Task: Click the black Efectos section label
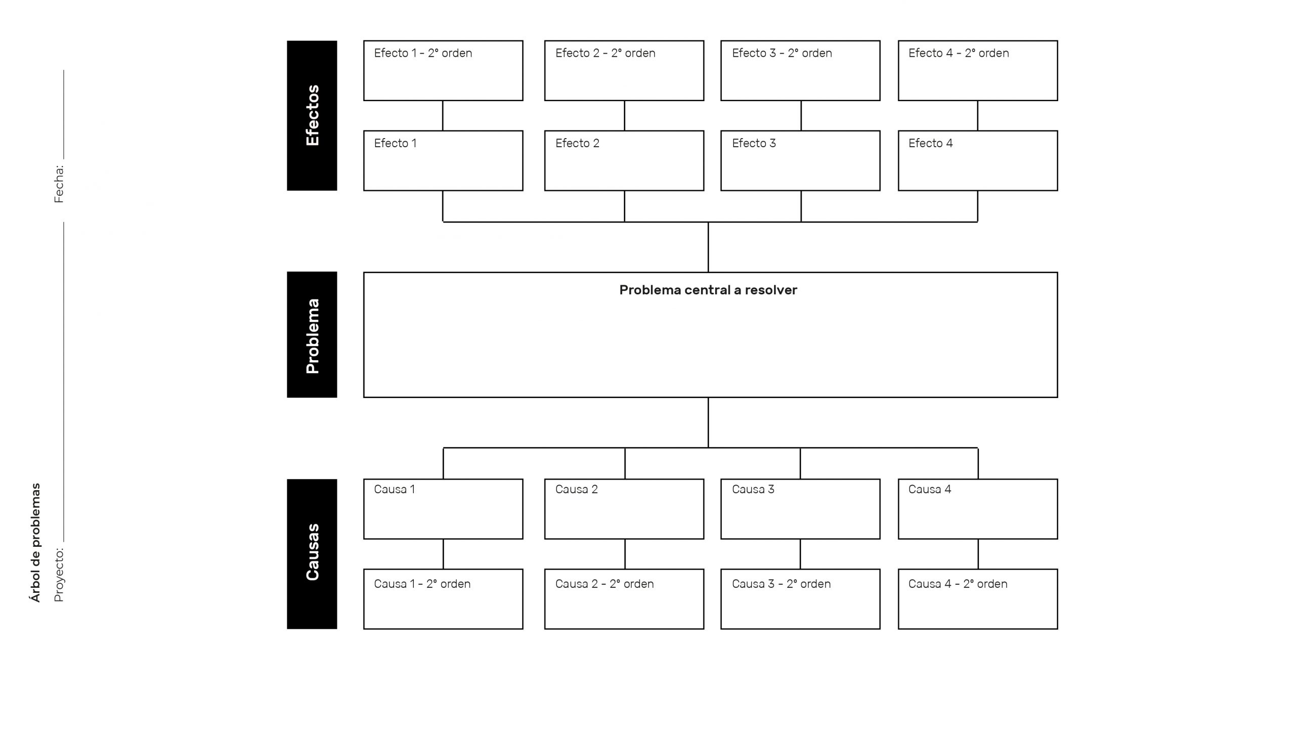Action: tap(312, 115)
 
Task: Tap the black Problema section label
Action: tap(312, 334)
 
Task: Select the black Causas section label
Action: tap(312, 553)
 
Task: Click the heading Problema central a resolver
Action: tap(708, 290)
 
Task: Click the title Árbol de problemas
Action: tap(35, 542)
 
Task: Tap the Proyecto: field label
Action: tap(59, 575)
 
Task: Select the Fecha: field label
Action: tap(59, 184)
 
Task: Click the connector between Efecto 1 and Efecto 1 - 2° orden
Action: tap(443, 116)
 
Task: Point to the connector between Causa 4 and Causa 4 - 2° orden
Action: tap(978, 554)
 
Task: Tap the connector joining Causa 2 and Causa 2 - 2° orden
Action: tap(625, 554)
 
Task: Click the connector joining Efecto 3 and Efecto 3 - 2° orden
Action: tap(801, 116)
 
